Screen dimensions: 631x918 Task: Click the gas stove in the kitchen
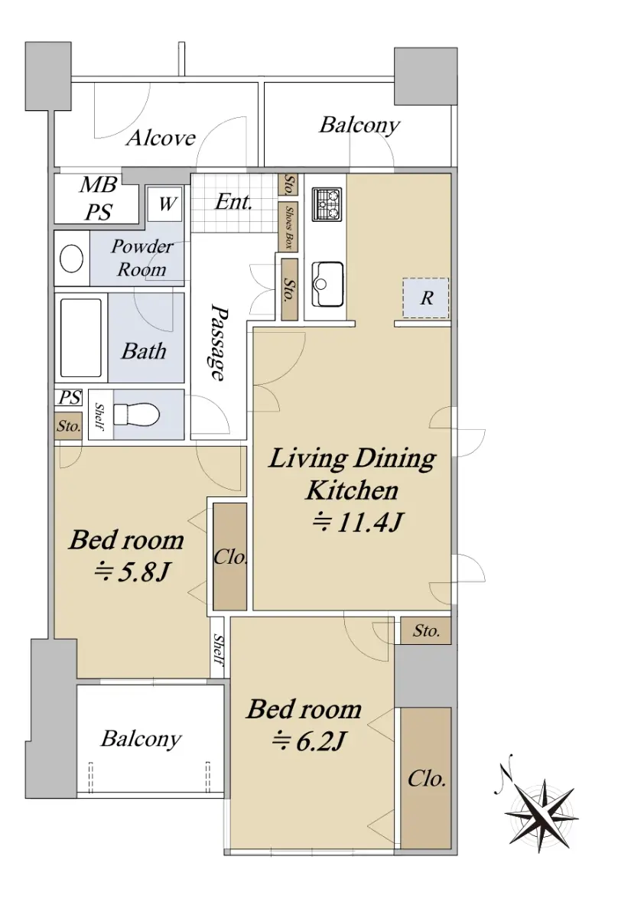click(327, 204)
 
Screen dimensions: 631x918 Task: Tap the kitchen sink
click(327, 284)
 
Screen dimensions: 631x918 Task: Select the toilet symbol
click(136, 415)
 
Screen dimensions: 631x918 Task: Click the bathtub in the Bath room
click(81, 337)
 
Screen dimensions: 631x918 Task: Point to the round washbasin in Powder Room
click(72, 259)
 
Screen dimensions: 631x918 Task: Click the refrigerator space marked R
click(426, 298)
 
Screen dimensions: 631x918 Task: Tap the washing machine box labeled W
click(165, 204)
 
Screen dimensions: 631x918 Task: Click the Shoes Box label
click(289, 227)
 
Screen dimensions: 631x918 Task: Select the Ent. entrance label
click(233, 202)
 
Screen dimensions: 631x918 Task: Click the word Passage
click(219, 342)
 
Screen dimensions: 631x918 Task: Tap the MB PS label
click(99, 198)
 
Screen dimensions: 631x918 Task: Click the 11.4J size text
click(357, 523)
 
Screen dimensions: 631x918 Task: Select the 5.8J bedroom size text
click(132, 572)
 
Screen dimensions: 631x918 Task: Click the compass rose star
click(542, 813)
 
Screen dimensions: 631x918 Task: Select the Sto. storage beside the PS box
click(68, 426)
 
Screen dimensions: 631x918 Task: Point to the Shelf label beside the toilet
click(99, 415)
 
